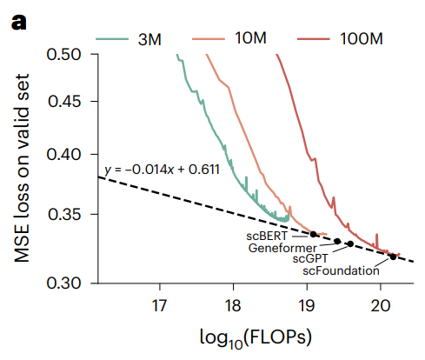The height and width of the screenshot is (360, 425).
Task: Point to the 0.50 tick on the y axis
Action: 70,54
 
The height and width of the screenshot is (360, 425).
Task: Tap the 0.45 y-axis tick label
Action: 70,101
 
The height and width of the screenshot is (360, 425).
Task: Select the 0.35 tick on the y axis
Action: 70,213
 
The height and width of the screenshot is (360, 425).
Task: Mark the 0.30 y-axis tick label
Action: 70,283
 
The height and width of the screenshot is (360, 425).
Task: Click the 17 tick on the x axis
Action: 159,305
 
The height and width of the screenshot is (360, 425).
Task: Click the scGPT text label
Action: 310,258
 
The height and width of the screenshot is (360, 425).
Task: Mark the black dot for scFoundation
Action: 393,257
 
